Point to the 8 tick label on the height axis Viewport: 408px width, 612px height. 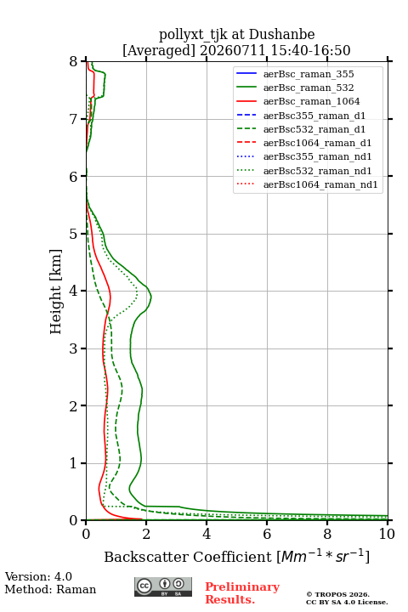pyautogui.click(x=74, y=61)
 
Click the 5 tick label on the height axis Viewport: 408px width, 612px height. pyautogui.click(x=74, y=234)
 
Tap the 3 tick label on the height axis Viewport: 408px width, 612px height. pyautogui.click(x=74, y=348)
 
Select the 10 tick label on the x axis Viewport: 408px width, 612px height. pyautogui.click(x=387, y=534)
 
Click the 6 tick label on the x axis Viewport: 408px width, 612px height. pyautogui.click(x=267, y=534)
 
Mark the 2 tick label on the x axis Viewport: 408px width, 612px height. pyautogui.click(x=146, y=534)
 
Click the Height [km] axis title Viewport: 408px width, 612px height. pyautogui.click(x=56, y=292)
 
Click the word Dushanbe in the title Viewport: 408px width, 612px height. pyautogui.click(x=281, y=34)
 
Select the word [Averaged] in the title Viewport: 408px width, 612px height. pyautogui.click(x=158, y=50)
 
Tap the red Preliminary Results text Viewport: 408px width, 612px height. pyautogui.click(x=242, y=593)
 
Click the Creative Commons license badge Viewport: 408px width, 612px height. pyautogui.click(x=163, y=586)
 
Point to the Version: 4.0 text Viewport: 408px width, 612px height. pyautogui.click(x=38, y=576)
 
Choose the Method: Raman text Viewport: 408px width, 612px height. pyautogui.click(x=50, y=589)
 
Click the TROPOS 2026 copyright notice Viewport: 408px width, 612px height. pyautogui.click(x=347, y=598)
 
